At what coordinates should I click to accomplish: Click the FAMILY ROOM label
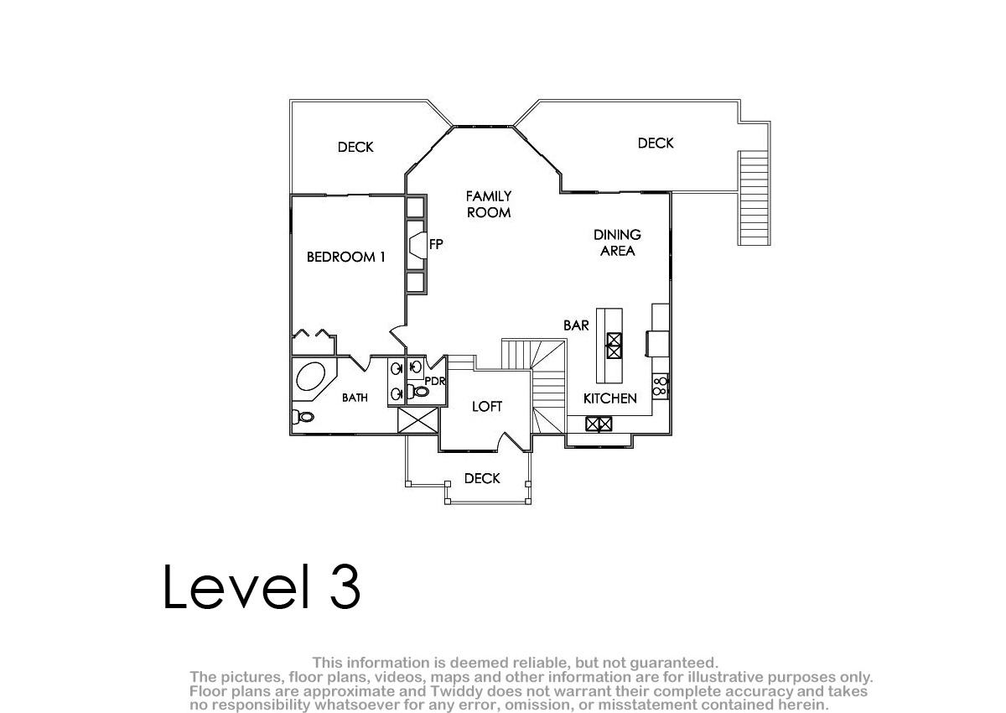(489, 205)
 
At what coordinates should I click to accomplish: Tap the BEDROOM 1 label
(345, 257)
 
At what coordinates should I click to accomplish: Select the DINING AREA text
(618, 242)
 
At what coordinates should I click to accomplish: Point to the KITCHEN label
(610, 398)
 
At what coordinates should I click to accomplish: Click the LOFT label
(487, 407)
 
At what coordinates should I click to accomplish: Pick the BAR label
(576, 325)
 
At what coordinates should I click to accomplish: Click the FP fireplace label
(436, 244)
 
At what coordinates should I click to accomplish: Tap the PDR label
(435, 382)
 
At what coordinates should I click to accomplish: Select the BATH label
(355, 398)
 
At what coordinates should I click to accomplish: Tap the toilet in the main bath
(303, 418)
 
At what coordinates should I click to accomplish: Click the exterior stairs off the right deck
(754, 198)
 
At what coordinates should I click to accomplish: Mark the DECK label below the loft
(482, 478)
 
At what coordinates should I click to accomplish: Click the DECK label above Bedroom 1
(355, 147)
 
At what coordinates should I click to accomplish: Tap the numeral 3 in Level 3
(345, 586)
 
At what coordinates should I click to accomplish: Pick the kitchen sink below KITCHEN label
(599, 424)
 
